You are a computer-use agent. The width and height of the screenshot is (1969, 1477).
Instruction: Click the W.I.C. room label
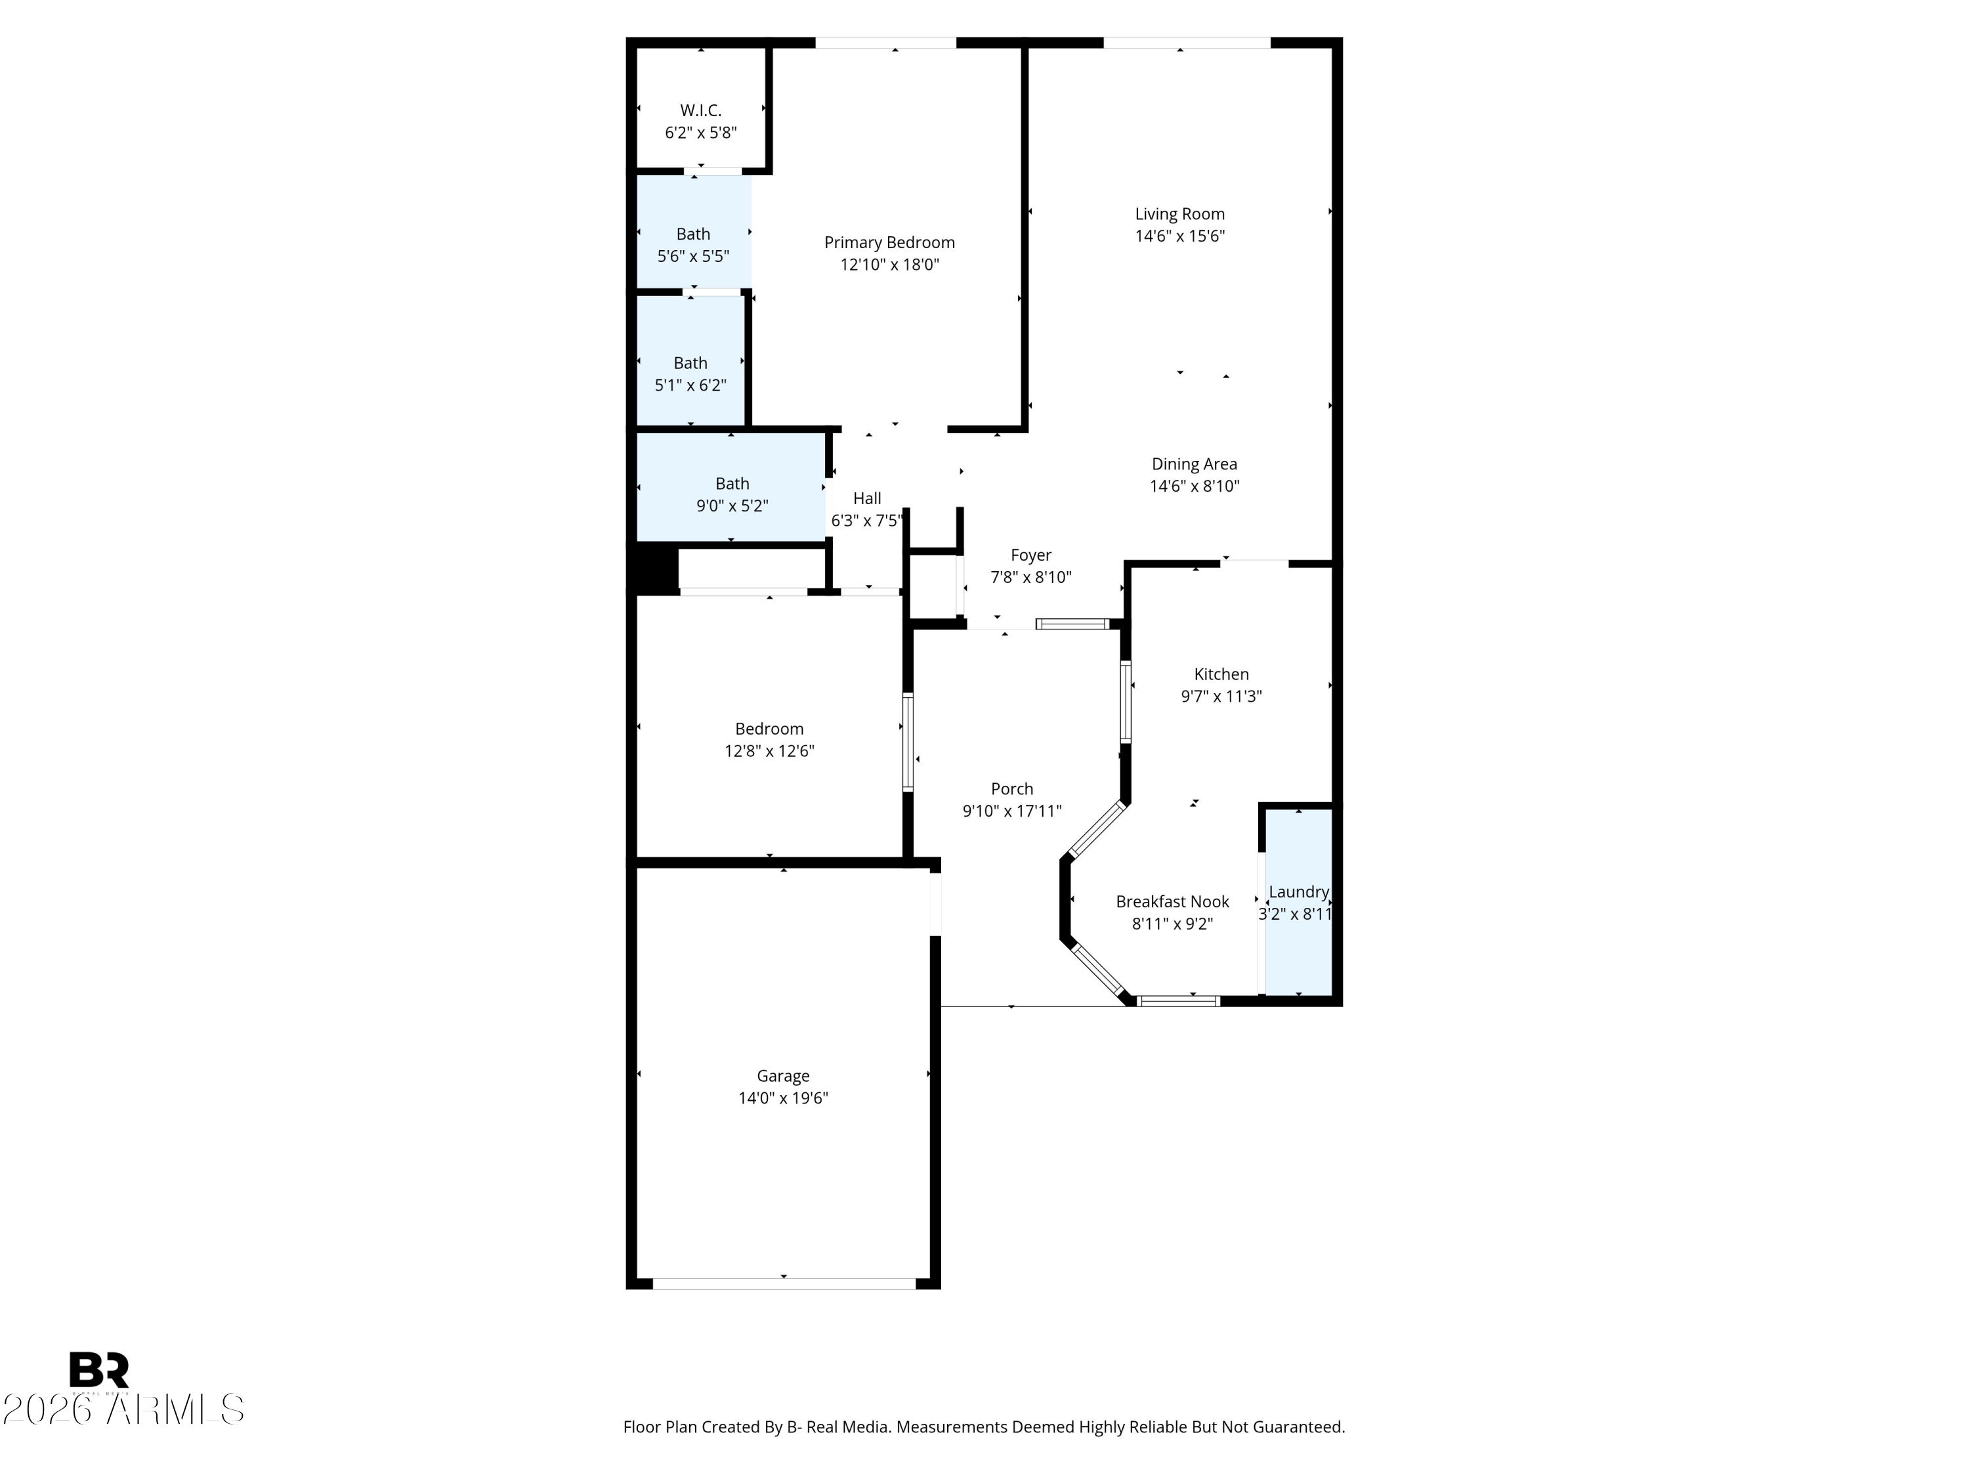[x=700, y=110]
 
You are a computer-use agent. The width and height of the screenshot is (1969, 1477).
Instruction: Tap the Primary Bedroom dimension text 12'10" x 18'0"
[x=889, y=265]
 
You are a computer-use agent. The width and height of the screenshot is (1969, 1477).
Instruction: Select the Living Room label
[x=1179, y=213]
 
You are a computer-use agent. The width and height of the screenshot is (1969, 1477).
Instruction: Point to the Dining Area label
[x=1194, y=464]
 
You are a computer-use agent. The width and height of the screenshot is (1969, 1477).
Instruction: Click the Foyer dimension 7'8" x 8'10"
[x=1031, y=577]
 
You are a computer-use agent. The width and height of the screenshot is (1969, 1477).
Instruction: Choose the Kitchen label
[x=1221, y=674]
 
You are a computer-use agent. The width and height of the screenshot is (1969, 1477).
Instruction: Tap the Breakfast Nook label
[x=1172, y=901]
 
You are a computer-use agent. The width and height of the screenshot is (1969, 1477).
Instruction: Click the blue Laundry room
[x=1299, y=901]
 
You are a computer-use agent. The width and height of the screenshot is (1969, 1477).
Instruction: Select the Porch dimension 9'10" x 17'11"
[x=1012, y=811]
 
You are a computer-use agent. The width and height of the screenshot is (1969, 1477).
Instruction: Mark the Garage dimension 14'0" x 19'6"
[x=783, y=1098]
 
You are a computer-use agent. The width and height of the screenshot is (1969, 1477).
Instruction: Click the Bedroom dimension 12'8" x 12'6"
[x=769, y=750]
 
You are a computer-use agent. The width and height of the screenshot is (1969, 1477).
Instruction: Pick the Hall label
[x=867, y=498]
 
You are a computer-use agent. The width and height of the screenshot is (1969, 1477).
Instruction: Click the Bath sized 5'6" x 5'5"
[x=694, y=232]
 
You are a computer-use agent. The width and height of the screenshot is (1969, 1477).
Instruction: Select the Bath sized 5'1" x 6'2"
[x=690, y=360]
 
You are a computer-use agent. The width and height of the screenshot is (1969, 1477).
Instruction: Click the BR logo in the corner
[x=99, y=1370]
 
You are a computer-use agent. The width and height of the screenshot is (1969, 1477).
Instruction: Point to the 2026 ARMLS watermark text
[x=123, y=1409]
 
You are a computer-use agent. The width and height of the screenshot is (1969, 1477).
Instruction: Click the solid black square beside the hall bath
[x=657, y=569]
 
